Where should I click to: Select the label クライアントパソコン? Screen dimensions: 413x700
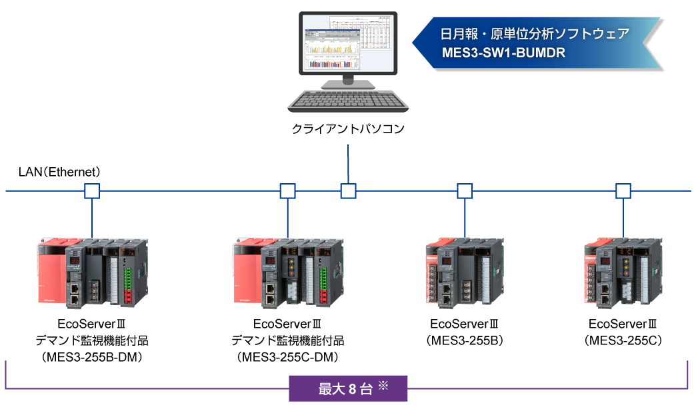[x=349, y=129]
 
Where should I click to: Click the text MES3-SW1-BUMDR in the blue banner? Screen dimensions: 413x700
[x=503, y=53]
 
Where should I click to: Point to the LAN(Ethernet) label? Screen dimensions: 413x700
[x=60, y=172]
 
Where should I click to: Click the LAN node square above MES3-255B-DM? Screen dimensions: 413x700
[x=91, y=192]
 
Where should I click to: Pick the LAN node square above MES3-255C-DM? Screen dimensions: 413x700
[x=287, y=192]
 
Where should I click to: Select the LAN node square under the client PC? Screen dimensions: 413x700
[x=349, y=192]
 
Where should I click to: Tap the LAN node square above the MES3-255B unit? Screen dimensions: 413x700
[x=465, y=192]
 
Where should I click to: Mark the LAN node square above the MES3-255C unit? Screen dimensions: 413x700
[x=623, y=192]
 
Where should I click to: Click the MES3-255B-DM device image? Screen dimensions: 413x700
[x=91, y=272]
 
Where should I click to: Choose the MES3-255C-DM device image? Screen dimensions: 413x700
[x=287, y=272]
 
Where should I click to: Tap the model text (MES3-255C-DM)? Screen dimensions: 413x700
[x=287, y=358]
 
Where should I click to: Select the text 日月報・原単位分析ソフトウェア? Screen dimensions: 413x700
[x=535, y=34]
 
